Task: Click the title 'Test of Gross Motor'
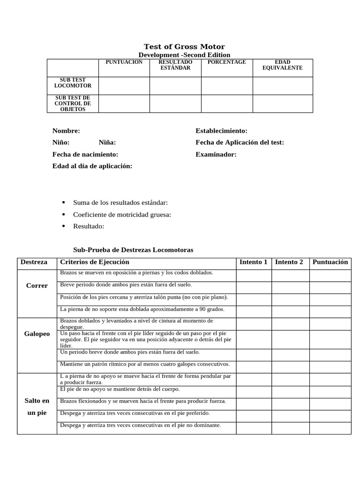(184, 46)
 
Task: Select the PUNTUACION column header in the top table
(124, 62)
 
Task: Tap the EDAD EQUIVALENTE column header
(283, 65)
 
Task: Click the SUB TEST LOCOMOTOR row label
(73, 83)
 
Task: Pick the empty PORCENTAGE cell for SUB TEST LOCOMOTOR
(227, 86)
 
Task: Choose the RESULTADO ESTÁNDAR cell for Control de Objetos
(175, 104)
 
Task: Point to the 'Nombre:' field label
(66, 131)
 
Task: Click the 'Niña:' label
(107, 142)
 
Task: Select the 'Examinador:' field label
(216, 154)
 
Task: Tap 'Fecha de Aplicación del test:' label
(240, 142)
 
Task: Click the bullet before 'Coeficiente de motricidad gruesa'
(63, 214)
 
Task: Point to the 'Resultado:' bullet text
(89, 226)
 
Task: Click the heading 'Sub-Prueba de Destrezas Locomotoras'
(133, 250)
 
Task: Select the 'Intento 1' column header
(253, 262)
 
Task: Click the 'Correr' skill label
(37, 286)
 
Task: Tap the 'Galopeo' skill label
(37, 334)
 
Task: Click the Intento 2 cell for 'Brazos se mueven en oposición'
(290, 275)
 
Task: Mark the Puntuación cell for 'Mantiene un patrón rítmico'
(330, 367)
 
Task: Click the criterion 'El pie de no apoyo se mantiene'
(120, 389)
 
